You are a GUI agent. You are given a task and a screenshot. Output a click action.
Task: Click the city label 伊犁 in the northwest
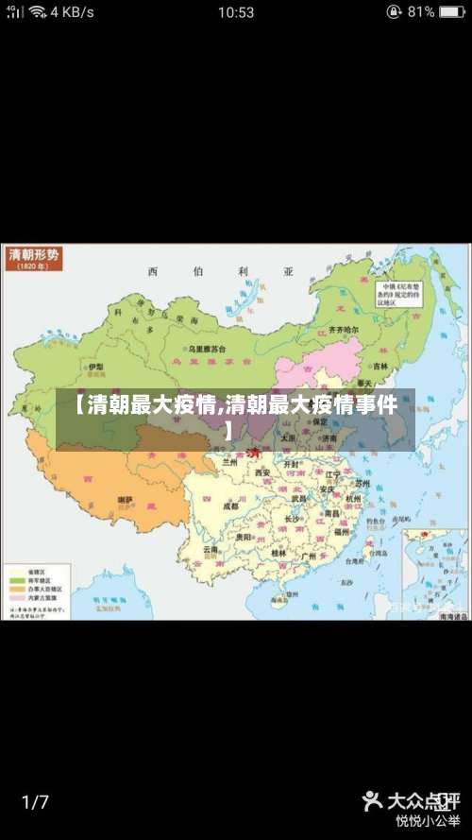point(95,367)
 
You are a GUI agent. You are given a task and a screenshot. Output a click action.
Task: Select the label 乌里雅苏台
point(208,349)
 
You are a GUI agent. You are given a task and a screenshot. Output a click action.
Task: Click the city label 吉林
point(380,366)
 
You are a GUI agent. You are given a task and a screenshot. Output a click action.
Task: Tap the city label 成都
point(231,506)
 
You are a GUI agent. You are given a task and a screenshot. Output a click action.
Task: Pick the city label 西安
point(261,472)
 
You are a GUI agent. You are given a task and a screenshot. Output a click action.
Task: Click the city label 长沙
point(293,519)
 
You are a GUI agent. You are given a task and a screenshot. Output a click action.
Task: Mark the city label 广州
point(308,557)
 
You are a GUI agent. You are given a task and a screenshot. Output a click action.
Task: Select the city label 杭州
point(353,498)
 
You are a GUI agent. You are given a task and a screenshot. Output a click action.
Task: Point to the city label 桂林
point(278,553)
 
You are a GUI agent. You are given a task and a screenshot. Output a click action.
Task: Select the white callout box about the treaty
point(401,293)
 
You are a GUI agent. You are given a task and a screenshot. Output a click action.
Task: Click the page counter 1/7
point(35,802)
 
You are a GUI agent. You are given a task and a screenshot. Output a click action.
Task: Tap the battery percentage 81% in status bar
point(422,12)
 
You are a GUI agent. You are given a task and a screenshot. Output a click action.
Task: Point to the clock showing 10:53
point(235,12)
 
